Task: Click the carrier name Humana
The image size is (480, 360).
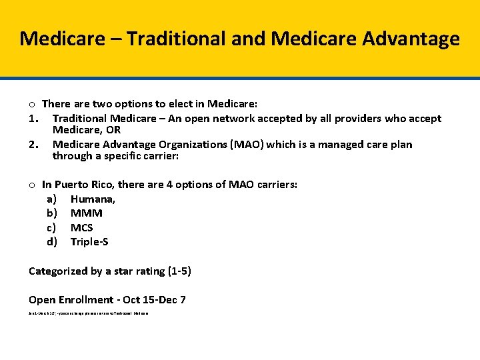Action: [x=93, y=199]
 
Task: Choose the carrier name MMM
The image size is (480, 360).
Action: [x=87, y=213]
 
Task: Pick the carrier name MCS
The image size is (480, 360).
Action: [x=82, y=227]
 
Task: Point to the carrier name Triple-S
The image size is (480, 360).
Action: [x=89, y=241]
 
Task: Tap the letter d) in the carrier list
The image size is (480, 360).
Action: [x=51, y=241]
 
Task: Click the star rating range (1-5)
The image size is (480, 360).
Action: [x=177, y=271]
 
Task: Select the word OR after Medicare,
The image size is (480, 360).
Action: [x=113, y=130]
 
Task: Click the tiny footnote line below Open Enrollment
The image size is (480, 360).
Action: [x=89, y=313]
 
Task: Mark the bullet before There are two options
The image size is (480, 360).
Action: [x=32, y=104]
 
